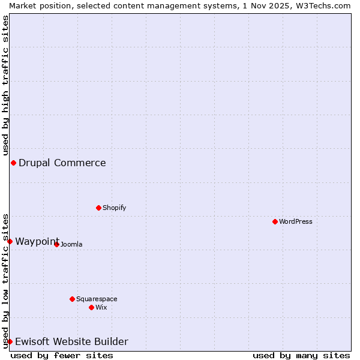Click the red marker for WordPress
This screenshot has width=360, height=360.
(275, 221)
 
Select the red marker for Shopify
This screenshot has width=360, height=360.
(99, 208)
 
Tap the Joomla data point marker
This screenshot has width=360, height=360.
(57, 244)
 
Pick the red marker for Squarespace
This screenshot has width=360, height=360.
(73, 299)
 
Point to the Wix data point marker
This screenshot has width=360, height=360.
(92, 307)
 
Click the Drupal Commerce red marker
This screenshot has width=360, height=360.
(13, 163)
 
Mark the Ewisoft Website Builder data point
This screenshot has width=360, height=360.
(10, 341)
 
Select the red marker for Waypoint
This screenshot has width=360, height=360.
(10, 241)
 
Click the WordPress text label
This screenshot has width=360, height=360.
(296, 221)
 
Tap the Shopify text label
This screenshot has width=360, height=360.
(115, 208)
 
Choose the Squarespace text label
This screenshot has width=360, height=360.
(97, 299)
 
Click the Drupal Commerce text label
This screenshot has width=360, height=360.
(62, 163)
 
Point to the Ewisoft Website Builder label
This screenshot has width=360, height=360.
(71, 341)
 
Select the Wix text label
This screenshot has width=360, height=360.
(101, 307)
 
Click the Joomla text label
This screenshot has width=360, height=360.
(71, 244)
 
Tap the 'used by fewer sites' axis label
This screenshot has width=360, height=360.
(62, 355)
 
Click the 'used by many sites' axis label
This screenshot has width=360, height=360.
(301, 355)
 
